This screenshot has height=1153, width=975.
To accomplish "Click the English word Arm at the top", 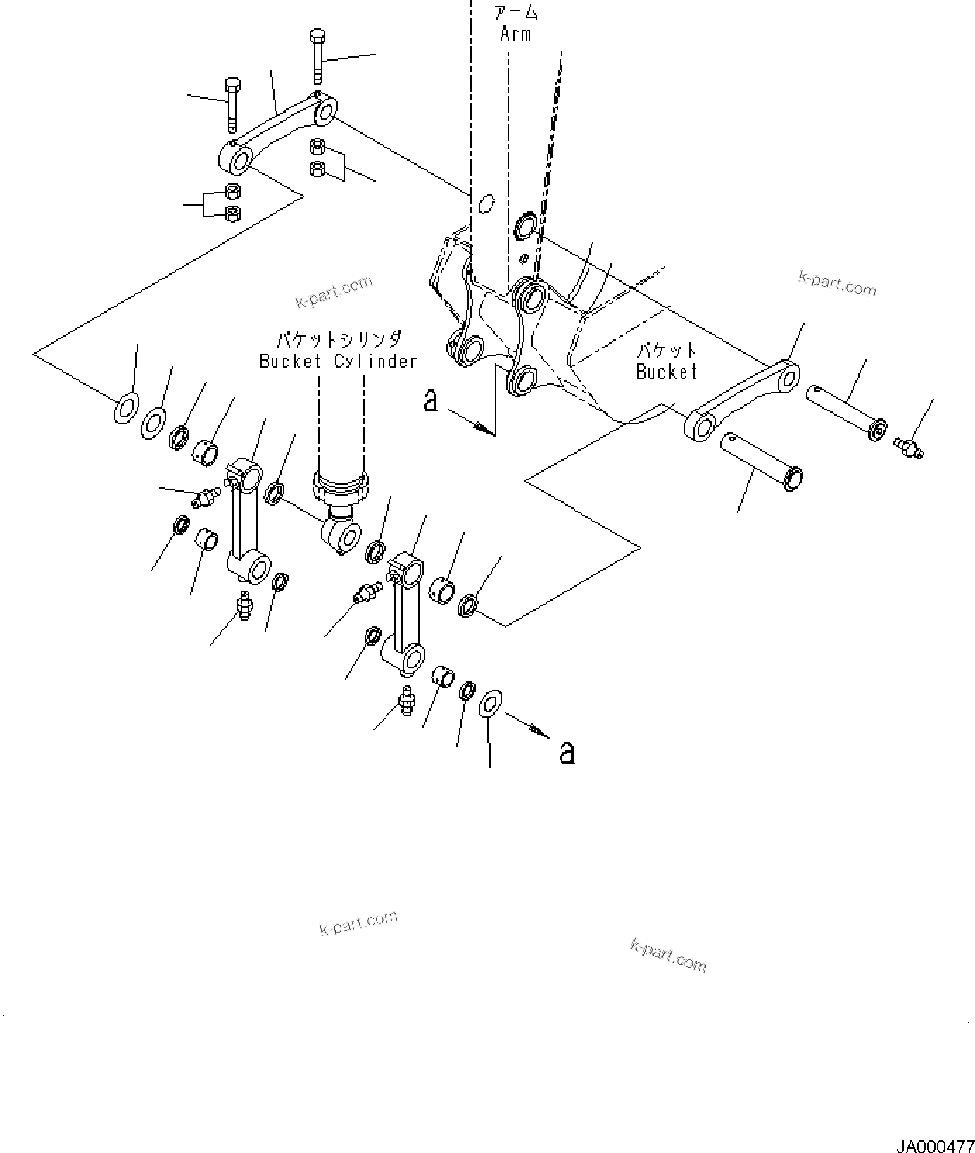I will click(515, 34).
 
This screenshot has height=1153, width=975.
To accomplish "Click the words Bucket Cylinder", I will click(339, 361).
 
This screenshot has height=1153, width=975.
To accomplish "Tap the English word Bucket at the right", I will click(666, 371).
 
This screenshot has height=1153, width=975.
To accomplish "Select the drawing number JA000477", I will click(933, 1141).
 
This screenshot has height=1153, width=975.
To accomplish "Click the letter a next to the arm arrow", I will click(431, 401).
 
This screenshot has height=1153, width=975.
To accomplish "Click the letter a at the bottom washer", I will click(567, 752).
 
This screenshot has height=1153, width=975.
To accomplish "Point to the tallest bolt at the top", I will click(317, 56).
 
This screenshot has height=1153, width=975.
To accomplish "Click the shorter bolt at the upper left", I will click(233, 105).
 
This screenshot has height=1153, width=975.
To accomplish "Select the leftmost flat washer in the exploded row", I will click(126, 409).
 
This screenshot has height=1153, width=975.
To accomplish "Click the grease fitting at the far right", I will click(910, 445).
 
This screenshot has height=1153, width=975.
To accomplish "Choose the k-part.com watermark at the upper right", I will click(837, 284).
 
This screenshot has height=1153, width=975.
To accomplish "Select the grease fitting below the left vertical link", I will click(244, 605).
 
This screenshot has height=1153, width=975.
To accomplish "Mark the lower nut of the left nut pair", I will click(233, 214).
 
